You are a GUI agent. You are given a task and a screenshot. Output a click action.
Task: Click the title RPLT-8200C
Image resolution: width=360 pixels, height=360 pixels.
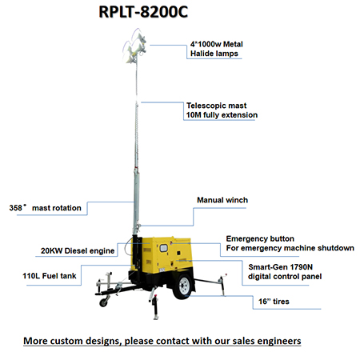tap(143, 12)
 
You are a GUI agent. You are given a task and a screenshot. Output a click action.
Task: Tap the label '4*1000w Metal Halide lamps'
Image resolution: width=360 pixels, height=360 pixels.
tap(217, 49)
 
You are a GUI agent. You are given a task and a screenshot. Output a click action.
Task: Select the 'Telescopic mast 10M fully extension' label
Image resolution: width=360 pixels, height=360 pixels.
tap(222, 110)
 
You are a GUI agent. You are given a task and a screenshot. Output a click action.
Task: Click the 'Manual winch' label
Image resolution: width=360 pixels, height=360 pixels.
tap(222, 200)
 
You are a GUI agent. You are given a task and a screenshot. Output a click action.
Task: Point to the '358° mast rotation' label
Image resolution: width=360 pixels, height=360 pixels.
tap(45, 207)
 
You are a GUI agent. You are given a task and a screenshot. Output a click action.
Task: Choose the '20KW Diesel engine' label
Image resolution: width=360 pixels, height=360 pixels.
tap(78, 250)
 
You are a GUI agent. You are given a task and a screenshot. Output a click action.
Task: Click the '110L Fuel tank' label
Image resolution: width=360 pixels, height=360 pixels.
tap(50, 275)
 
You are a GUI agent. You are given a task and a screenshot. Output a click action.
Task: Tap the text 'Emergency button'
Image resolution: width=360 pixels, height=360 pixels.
tap(260, 238)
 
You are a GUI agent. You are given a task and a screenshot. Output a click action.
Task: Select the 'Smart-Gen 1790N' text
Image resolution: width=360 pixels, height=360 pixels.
tap(280, 267)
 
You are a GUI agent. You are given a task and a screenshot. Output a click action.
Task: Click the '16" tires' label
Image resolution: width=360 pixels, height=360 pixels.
tap(274, 302)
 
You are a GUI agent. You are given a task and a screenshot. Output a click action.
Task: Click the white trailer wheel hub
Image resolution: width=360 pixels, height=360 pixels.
tap(184, 286)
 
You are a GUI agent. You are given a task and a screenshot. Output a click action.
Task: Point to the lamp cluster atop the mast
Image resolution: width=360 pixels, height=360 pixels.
tap(134, 46)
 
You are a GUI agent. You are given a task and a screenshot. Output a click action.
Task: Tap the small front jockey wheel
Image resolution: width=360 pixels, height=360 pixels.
tap(103, 302)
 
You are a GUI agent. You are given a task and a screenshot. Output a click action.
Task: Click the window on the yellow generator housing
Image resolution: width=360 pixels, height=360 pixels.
tap(163, 249)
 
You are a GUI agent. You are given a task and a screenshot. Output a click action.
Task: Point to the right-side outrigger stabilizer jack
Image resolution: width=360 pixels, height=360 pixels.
tap(222, 286)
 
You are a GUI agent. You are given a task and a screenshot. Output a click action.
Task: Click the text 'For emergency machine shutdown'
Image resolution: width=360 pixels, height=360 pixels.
tap(290, 248)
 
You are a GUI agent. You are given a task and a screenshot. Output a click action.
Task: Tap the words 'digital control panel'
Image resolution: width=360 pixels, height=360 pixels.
tap(285, 276)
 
